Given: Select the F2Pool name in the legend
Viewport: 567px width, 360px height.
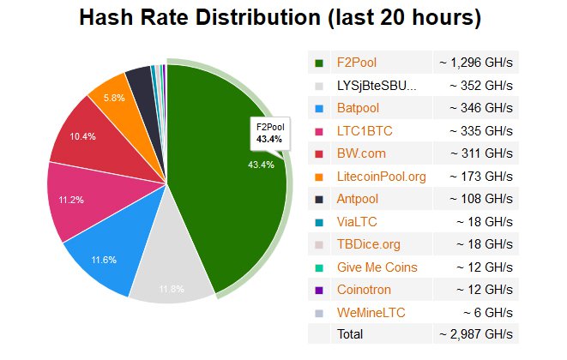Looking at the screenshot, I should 357,63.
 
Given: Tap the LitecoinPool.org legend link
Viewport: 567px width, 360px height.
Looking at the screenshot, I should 383,177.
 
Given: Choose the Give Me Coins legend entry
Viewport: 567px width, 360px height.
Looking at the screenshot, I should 378,267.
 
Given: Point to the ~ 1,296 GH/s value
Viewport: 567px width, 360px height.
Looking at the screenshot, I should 475,63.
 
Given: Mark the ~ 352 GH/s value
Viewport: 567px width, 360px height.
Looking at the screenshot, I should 480,86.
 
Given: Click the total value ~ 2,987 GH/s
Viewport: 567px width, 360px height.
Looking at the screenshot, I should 475,333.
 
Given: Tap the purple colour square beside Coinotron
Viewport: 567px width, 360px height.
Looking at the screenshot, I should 319,291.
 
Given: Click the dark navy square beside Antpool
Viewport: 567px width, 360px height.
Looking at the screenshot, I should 319,200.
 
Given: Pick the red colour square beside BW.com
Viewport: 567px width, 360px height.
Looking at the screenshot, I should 319,154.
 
